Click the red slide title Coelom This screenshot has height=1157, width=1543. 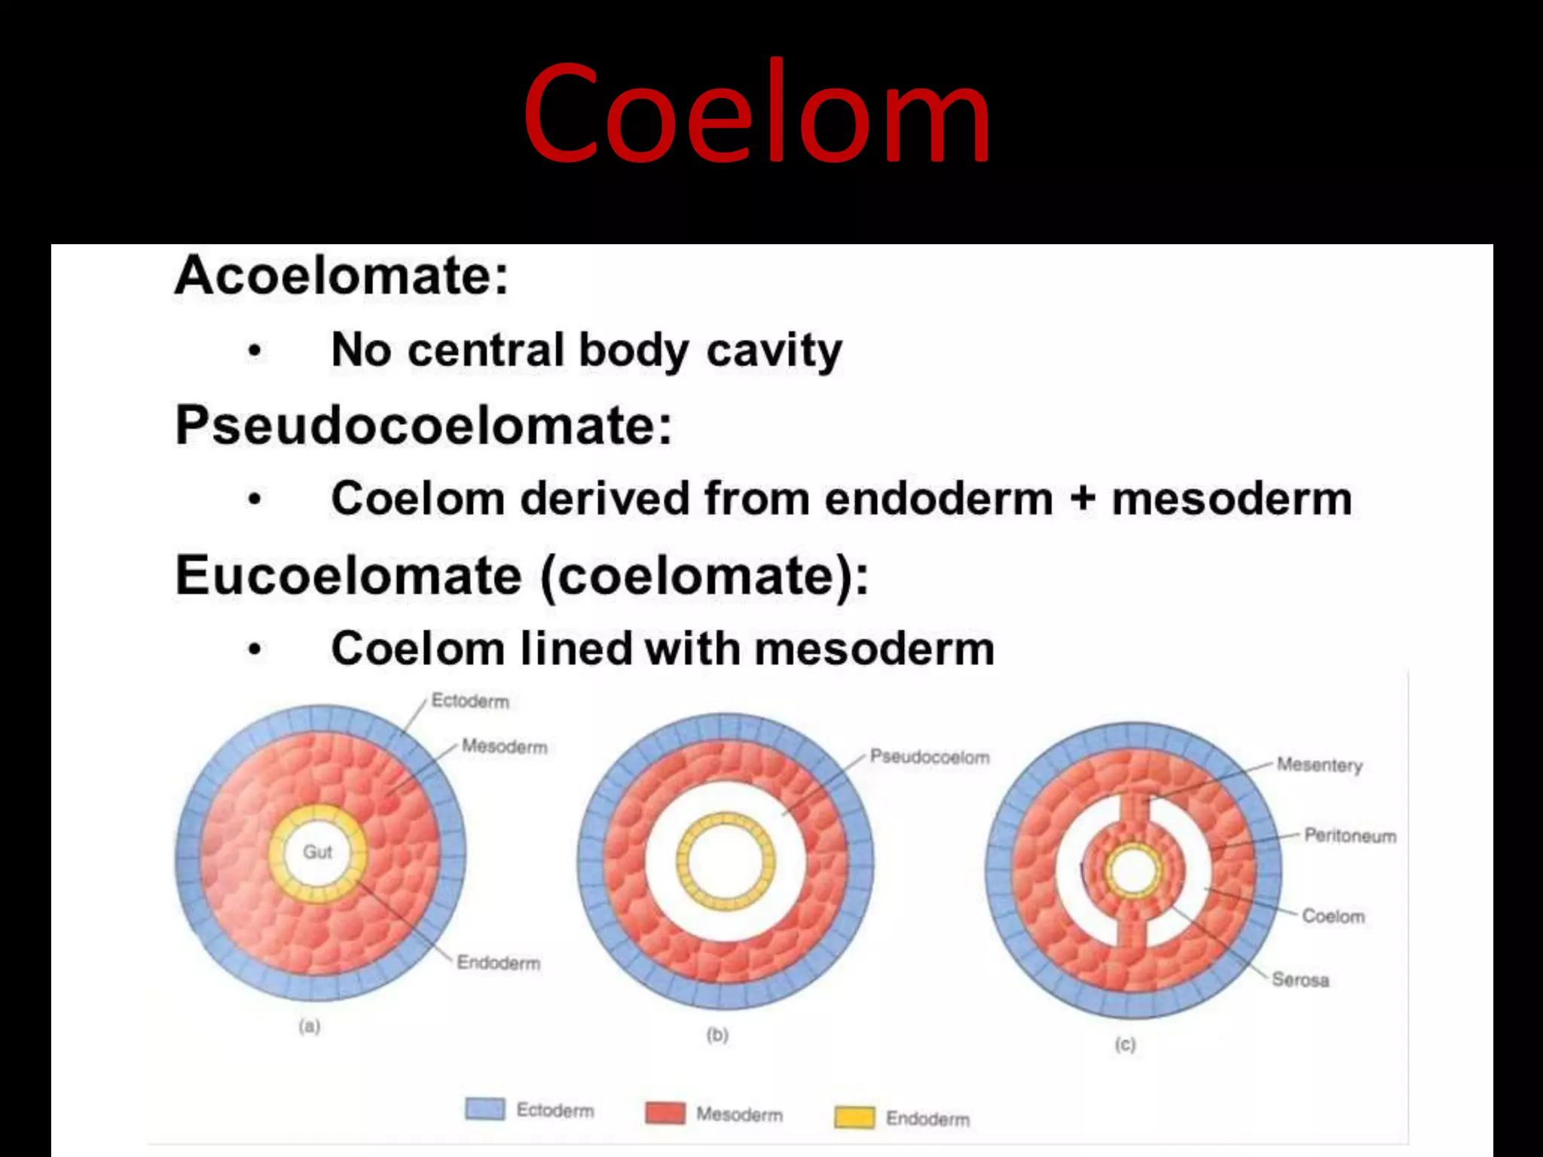tap(756, 113)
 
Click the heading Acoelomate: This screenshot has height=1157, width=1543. tap(341, 276)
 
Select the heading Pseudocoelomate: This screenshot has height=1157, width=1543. tap(423, 426)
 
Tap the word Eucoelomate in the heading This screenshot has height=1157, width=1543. tap(348, 576)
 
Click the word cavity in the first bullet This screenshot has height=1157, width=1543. tap(774, 351)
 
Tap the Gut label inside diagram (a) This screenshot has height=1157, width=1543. tap(317, 852)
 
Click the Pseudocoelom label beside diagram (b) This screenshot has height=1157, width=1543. tap(929, 757)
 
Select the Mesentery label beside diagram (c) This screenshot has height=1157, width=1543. tap(1319, 765)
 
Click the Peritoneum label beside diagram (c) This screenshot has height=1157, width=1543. tap(1350, 836)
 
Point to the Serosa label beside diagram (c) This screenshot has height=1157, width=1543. tap(1300, 980)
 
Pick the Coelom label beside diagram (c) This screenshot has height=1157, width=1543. tap(1333, 917)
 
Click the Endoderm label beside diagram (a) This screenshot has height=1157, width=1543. tap(498, 963)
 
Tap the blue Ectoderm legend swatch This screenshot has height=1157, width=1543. tap(484, 1110)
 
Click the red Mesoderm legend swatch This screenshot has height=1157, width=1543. tap(665, 1113)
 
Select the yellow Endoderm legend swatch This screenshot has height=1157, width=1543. tap(854, 1118)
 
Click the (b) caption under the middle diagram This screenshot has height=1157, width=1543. tap(717, 1035)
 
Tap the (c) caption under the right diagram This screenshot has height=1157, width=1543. tap(1125, 1045)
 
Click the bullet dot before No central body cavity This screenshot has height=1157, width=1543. tap(255, 351)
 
